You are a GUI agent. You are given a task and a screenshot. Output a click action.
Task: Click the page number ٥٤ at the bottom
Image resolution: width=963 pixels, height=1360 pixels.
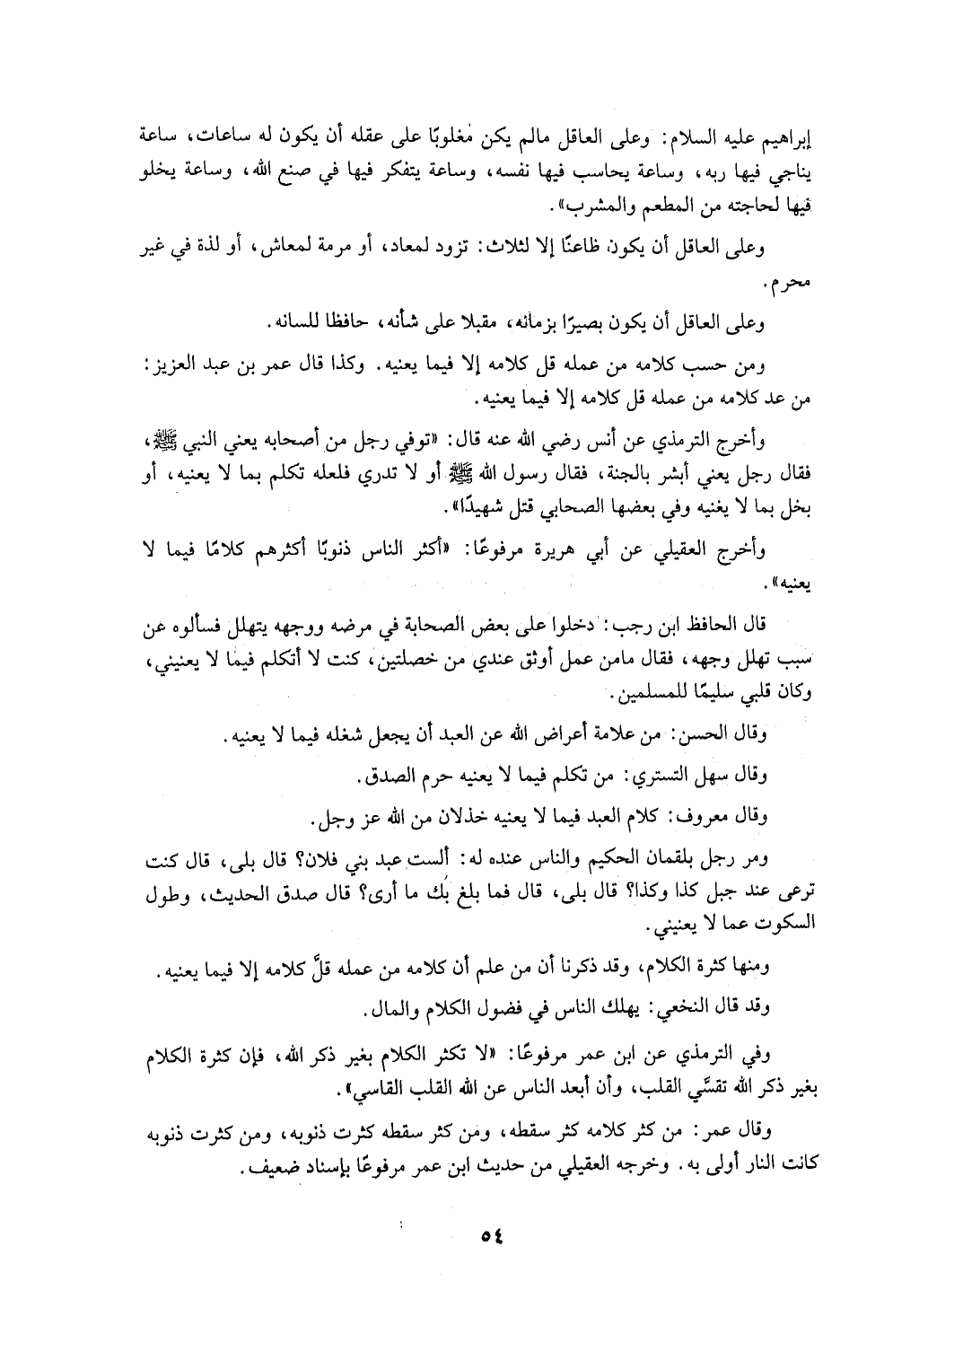tap(492, 1235)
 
